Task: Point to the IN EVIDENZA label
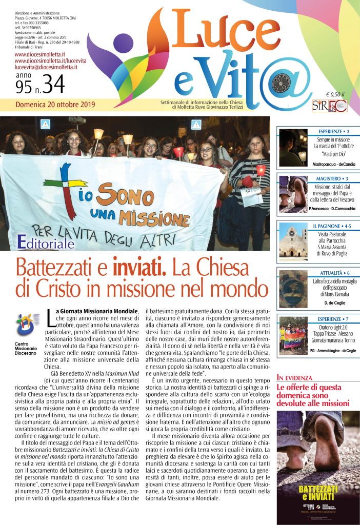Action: click(x=295, y=378)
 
